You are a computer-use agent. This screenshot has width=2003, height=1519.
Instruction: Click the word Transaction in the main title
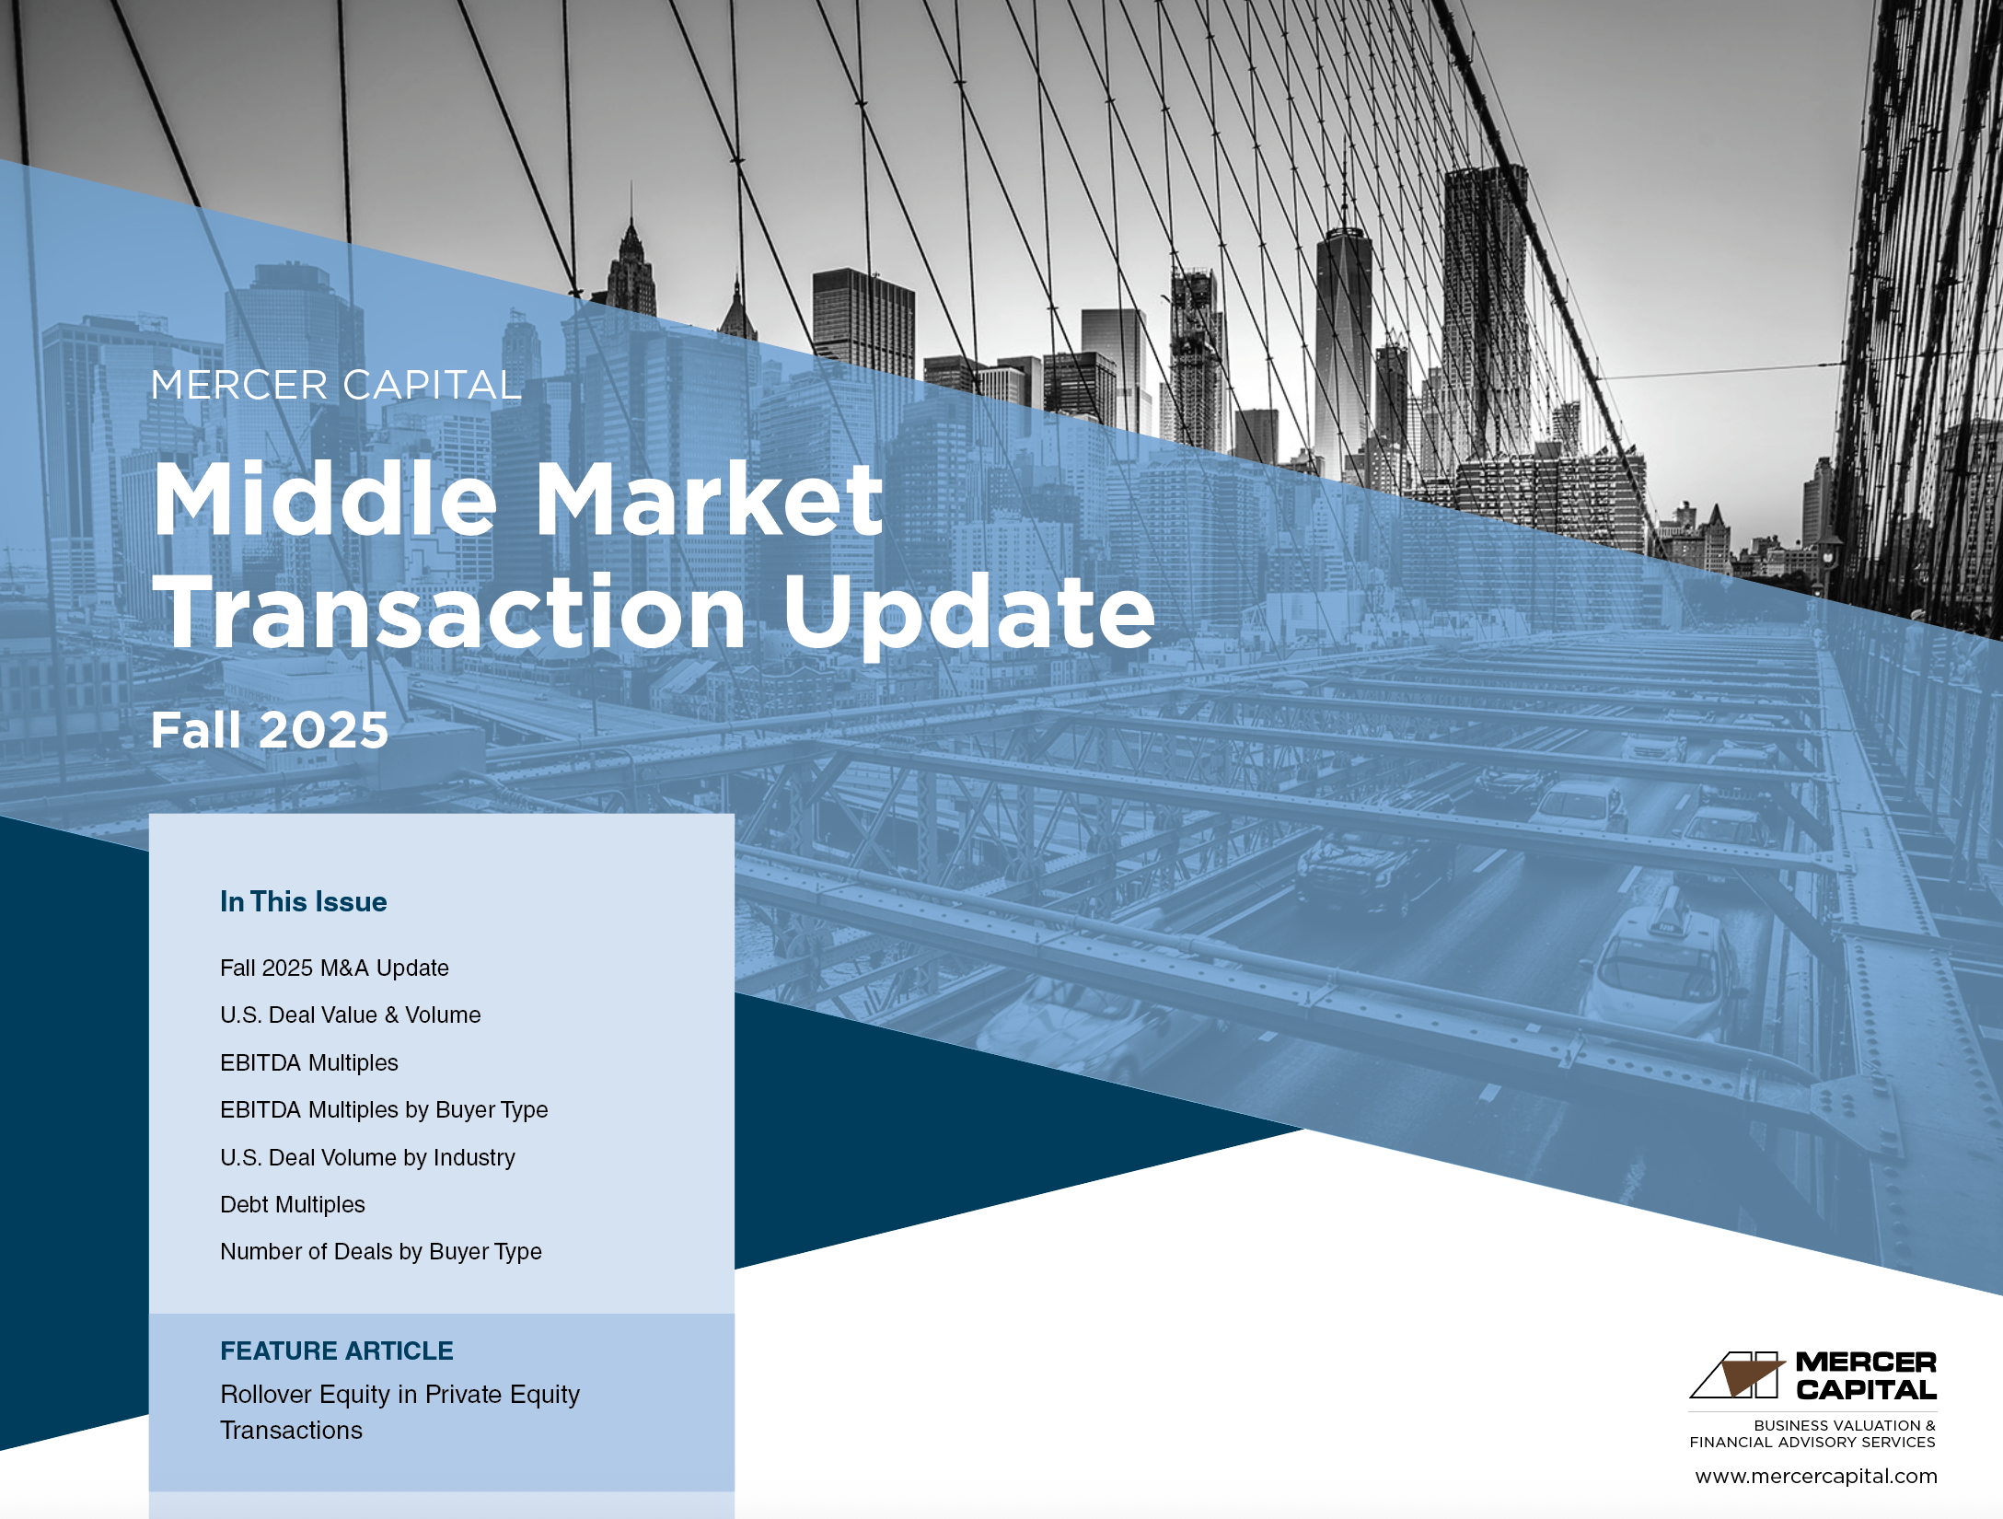pos(450,611)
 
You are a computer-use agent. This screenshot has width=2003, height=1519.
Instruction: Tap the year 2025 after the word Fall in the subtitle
pos(323,730)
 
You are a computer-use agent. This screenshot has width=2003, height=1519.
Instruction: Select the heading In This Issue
pos(303,901)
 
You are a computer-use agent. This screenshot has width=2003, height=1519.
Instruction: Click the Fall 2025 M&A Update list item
pos(334,968)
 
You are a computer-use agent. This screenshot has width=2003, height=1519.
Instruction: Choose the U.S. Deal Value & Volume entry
pos(350,1015)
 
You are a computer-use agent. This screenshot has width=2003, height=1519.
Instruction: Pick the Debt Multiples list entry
pos(292,1204)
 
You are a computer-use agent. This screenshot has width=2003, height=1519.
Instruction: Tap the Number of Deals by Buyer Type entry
pos(380,1252)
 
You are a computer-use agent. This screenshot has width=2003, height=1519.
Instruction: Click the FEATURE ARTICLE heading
pos(336,1351)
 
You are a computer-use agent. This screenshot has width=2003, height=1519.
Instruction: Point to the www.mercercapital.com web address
pos(1815,1476)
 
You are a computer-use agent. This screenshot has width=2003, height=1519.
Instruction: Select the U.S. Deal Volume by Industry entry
pos(367,1157)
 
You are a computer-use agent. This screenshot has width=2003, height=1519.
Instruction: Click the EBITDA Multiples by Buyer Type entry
pos(384,1110)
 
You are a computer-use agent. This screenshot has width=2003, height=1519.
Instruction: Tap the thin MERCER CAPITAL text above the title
pos(336,385)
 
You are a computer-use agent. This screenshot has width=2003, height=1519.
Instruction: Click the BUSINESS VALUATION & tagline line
pos(1845,1425)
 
